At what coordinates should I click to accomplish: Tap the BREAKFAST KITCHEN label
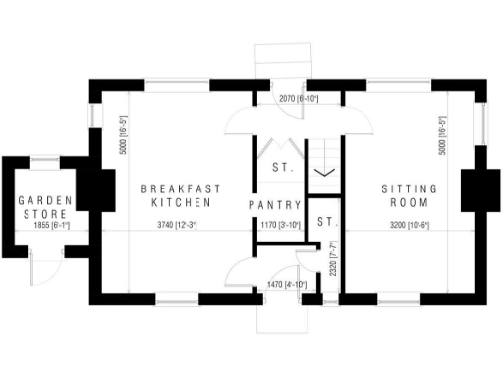click(x=181, y=195)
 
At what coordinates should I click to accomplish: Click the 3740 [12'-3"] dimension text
click(x=177, y=225)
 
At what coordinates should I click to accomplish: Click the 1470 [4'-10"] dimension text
click(x=287, y=285)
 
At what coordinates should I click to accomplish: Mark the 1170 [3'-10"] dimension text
click(x=280, y=225)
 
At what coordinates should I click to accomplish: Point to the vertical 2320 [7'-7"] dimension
click(x=334, y=258)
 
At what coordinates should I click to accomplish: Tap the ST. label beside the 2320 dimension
click(x=326, y=220)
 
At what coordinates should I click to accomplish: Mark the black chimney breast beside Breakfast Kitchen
click(x=99, y=186)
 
